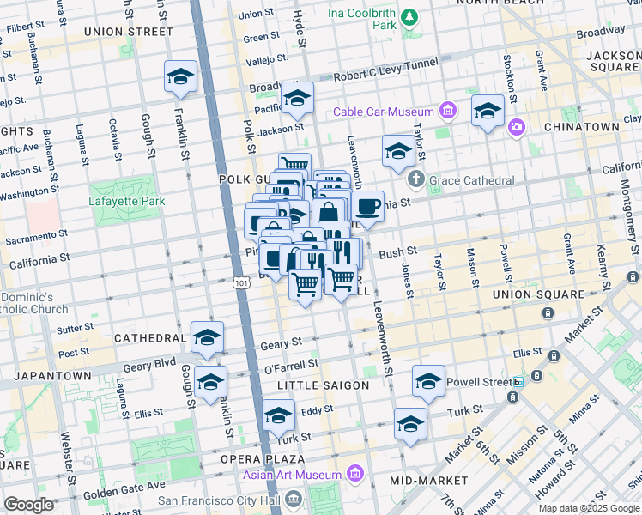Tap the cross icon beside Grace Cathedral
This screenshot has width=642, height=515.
pyautogui.click(x=416, y=180)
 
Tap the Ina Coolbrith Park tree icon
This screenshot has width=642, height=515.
pyautogui.click(x=409, y=17)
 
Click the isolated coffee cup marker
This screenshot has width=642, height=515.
pyautogui.click(x=367, y=207)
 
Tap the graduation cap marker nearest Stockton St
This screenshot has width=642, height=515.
pyautogui.click(x=488, y=110)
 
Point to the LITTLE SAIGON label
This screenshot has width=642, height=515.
pyautogui.click(x=329, y=385)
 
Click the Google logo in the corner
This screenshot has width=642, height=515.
pyautogui.click(x=28, y=505)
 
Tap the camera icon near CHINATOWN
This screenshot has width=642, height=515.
pyautogui.click(x=517, y=127)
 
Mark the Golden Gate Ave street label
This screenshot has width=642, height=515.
pyautogui.click(x=111, y=486)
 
